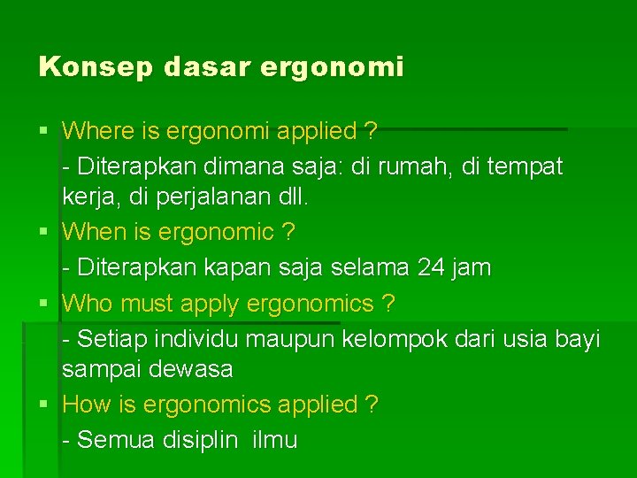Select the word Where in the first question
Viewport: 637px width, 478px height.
click(97, 132)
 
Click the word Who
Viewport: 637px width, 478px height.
click(88, 304)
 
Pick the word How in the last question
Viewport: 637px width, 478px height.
click(86, 405)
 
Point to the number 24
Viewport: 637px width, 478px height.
click(431, 267)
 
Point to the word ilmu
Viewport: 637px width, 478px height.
click(274, 440)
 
